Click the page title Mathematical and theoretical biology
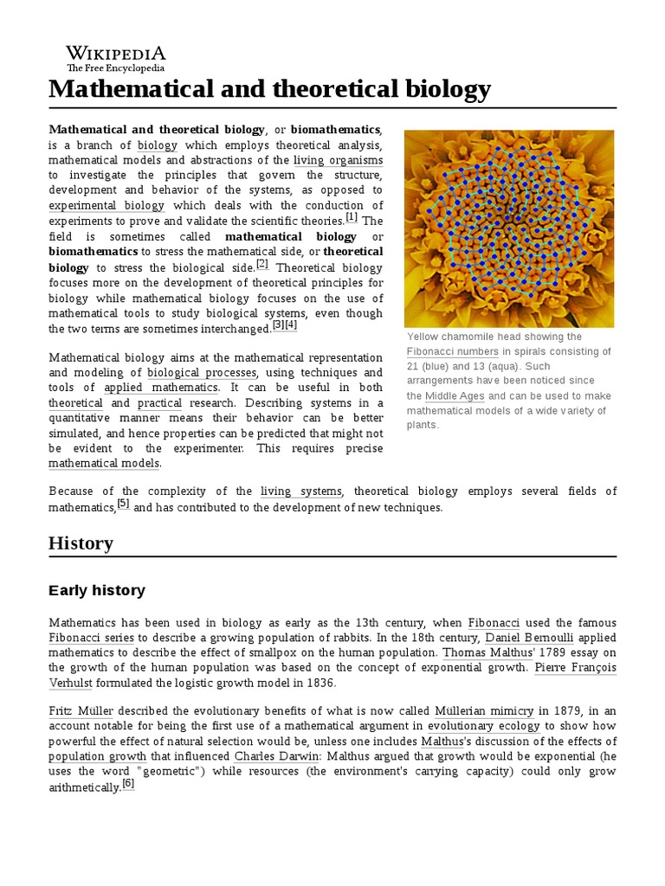click(x=269, y=88)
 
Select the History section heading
click(x=81, y=543)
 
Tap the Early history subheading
click(x=97, y=591)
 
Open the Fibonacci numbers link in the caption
click(x=452, y=352)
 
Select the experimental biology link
click(x=107, y=206)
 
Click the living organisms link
click(x=338, y=161)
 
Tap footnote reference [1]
click(x=351, y=217)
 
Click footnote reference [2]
click(x=262, y=264)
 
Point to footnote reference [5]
click(x=123, y=504)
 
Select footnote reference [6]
click(x=128, y=784)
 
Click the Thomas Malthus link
click(x=475, y=653)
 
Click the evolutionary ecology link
click(x=484, y=726)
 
